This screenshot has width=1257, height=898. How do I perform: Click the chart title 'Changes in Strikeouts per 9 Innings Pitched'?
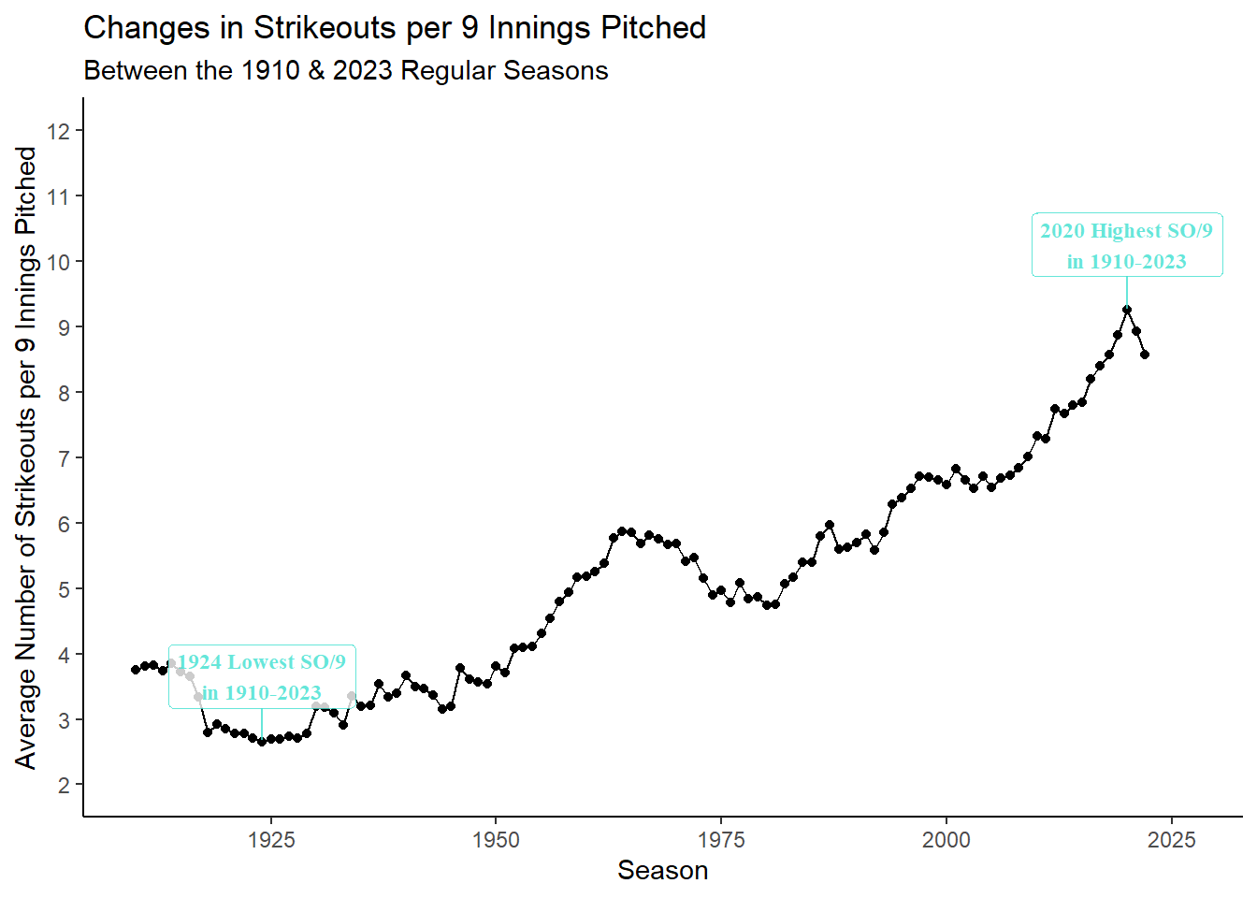(395, 28)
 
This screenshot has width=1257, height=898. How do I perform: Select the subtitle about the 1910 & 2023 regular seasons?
(346, 71)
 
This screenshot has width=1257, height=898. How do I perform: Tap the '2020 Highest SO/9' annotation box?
(1127, 245)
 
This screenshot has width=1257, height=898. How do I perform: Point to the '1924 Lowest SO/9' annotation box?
(262, 676)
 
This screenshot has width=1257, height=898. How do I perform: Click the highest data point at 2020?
(1127, 310)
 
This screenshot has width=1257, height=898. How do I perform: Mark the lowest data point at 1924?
(262, 742)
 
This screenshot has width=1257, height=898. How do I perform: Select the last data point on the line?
(1145, 355)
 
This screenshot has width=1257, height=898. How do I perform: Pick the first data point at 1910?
(136, 670)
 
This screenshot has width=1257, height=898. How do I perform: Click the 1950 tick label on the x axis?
(496, 840)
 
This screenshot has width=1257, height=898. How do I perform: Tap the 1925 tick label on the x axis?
(271, 840)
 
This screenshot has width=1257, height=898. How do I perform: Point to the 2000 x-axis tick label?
(946, 840)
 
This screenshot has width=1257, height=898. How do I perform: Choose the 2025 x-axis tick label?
(1171, 840)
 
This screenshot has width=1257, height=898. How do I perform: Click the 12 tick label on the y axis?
(59, 131)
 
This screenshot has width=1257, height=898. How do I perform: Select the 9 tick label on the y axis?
(64, 327)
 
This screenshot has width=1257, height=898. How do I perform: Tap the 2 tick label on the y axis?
(64, 785)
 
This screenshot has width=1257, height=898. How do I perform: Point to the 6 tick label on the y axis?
(64, 524)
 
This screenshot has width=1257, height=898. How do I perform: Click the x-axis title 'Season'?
(662, 871)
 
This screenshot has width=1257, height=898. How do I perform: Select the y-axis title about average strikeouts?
(26, 457)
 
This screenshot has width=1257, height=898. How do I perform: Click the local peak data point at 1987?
(830, 526)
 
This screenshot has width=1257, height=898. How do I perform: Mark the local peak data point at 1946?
(460, 668)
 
